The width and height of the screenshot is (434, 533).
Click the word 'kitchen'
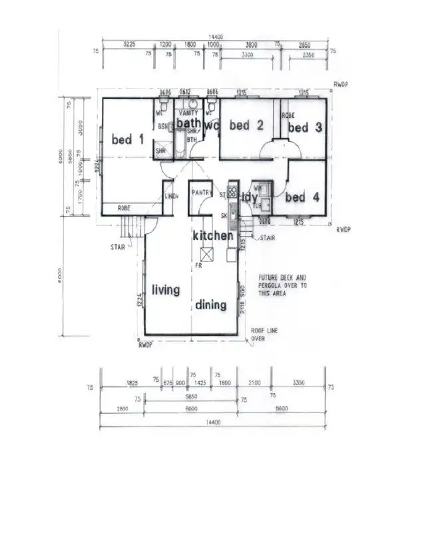coord(213,236)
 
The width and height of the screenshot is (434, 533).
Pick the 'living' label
coord(166,290)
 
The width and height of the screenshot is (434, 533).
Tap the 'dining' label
coord(211,305)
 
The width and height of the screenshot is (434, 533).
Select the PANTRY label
coord(201,193)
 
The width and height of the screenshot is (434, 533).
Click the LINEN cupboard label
coord(171,196)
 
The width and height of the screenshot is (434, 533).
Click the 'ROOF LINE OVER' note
coord(262,334)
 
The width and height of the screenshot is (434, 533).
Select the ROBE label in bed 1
coord(124,209)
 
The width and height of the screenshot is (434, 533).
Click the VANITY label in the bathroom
coord(188,113)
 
